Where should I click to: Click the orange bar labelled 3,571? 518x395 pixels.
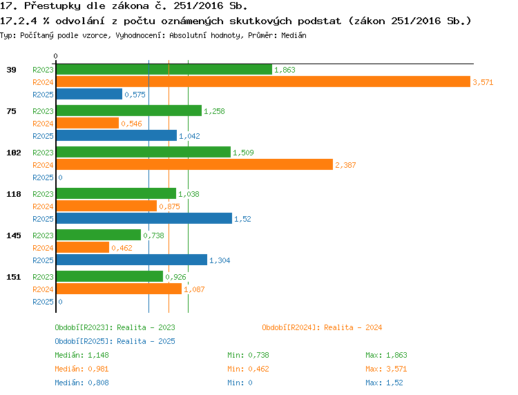coord(263,82)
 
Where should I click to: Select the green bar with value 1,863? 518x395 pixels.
coord(164,69)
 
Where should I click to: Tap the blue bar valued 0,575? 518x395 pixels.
coord(89,94)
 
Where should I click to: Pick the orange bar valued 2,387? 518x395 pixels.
coord(195,164)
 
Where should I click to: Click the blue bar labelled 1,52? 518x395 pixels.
coord(144,218)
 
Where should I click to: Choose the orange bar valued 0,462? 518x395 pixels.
coord(83,247)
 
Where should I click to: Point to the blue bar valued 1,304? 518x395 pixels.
coord(132,260)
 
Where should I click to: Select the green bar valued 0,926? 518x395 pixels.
coord(110,276)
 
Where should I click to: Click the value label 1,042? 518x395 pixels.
coord(189,136)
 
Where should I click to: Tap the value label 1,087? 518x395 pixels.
coord(194,289)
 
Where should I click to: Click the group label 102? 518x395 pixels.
coord(14,153)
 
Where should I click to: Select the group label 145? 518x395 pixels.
coord(14,235)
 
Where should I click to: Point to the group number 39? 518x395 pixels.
coord(11,70)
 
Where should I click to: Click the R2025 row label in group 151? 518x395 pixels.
coord(43,302)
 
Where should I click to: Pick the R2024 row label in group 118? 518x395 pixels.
coord(43,206)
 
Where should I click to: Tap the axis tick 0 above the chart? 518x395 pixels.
coord(55,56)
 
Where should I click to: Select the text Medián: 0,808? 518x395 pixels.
coord(81,383)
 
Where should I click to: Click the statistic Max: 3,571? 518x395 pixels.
coord(386,369)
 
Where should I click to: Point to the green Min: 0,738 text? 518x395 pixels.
coord(248,355)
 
